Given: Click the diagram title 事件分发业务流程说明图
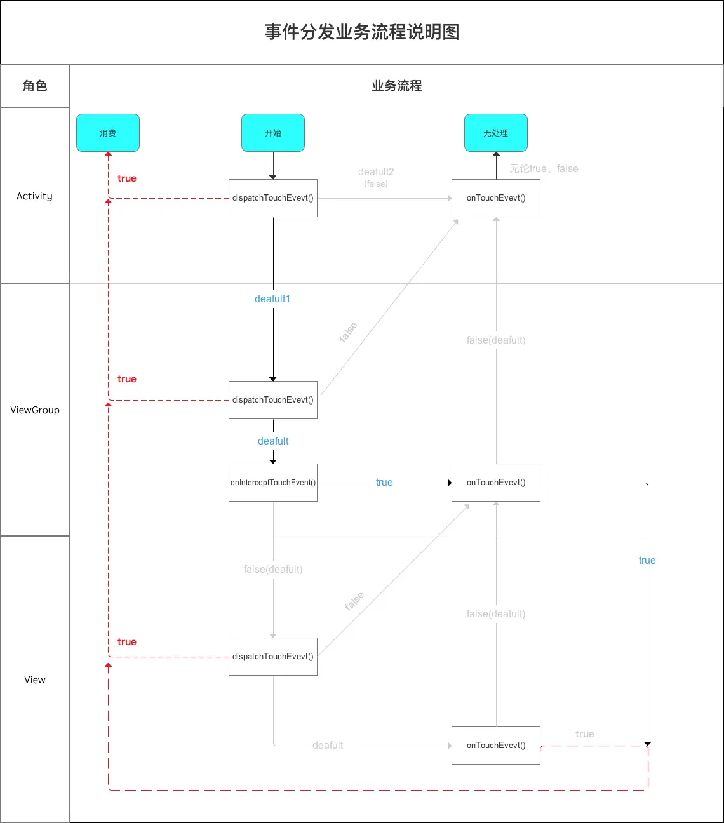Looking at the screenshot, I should tap(362, 32).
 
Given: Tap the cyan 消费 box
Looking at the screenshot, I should tap(108, 133).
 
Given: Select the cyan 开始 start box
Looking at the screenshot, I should tap(273, 133).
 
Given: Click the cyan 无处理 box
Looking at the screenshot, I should tap(496, 133).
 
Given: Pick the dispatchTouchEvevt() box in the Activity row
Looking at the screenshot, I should tap(273, 198).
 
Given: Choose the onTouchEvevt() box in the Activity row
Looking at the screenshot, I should tap(496, 198).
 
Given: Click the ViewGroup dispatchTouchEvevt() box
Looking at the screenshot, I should tap(273, 400).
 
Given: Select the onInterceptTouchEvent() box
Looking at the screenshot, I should tap(273, 483).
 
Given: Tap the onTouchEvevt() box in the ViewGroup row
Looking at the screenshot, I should tap(496, 483).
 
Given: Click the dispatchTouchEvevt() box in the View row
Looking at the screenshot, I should tap(273, 657).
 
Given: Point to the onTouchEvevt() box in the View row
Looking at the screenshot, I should tap(496, 746).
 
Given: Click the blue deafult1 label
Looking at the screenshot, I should tap(272, 299).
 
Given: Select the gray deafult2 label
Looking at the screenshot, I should tap(376, 172).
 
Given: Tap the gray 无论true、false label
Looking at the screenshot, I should tap(544, 169).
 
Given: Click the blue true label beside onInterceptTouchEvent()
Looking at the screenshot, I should tap(384, 483).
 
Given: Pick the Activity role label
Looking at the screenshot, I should tap(35, 196).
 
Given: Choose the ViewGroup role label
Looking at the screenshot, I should tap(35, 410).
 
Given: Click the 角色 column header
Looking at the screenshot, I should tap(35, 86).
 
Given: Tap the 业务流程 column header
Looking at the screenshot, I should tap(397, 86).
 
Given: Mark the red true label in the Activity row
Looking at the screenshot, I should tap(127, 178).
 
